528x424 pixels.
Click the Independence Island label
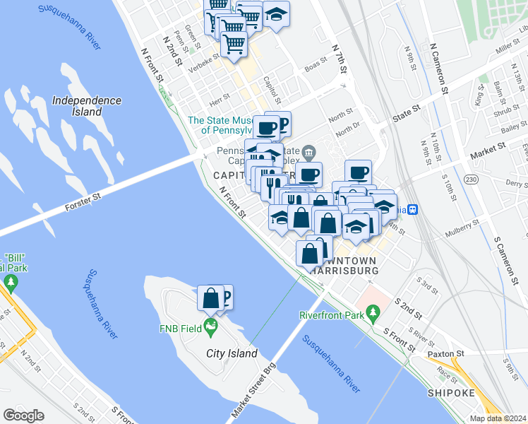(x=87, y=106)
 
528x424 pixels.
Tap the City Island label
(x=232, y=353)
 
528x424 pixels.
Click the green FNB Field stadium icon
(x=210, y=326)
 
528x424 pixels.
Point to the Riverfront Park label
(x=330, y=314)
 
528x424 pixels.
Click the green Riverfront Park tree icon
(x=372, y=312)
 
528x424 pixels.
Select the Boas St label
(x=316, y=66)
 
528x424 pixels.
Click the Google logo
(x=24, y=416)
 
